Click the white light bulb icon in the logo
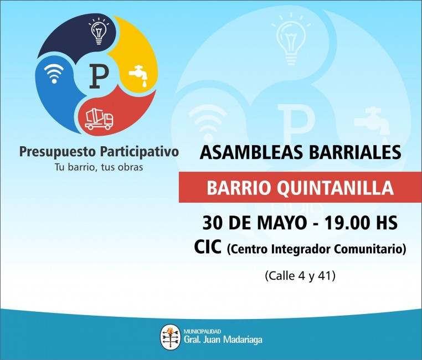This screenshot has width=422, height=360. click(99, 31)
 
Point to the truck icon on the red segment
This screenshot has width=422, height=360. click(99, 119)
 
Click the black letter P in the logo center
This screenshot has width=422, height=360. click(99, 76)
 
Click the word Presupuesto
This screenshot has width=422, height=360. click(58, 152)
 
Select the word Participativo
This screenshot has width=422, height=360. click(140, 152)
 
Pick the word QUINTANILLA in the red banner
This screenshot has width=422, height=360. click(335, 188)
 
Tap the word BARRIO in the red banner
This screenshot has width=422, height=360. click(239, 188)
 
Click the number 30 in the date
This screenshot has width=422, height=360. click(212, 223)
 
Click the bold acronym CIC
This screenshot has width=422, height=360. click(208, 247)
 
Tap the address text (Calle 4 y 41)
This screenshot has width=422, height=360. click(300, 276)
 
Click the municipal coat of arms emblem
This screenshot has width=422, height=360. click(171, 337)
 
